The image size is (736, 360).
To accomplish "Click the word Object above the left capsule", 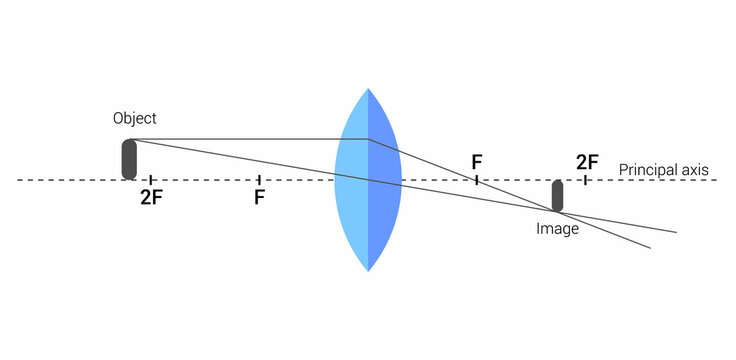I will (135, 118).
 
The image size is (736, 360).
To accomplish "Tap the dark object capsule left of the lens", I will (129, 159).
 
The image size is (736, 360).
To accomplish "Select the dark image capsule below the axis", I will (557, 195).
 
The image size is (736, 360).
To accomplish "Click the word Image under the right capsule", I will (557, 229).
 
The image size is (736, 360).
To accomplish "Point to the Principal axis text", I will (664, 170).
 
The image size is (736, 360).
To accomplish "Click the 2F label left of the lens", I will (151, 198).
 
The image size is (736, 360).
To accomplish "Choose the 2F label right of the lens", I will (587, 162).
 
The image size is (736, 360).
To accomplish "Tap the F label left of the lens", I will (259, 198).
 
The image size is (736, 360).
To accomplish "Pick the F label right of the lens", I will (477, 162).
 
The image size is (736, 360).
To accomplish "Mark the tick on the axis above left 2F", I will (150, 180).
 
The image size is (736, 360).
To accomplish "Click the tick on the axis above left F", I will (259, 180).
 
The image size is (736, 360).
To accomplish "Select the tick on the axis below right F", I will (477, 180).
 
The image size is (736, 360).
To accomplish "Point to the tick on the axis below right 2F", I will (586, 180).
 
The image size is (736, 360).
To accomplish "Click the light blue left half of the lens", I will (352, 180).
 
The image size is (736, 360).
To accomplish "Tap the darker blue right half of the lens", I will (384, 180).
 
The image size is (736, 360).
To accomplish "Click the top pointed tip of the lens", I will (368, 91).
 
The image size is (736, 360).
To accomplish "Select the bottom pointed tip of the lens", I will (368, 270).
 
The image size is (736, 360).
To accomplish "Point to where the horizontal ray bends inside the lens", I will (369, 139).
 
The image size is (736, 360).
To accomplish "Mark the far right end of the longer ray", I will (676, 232).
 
